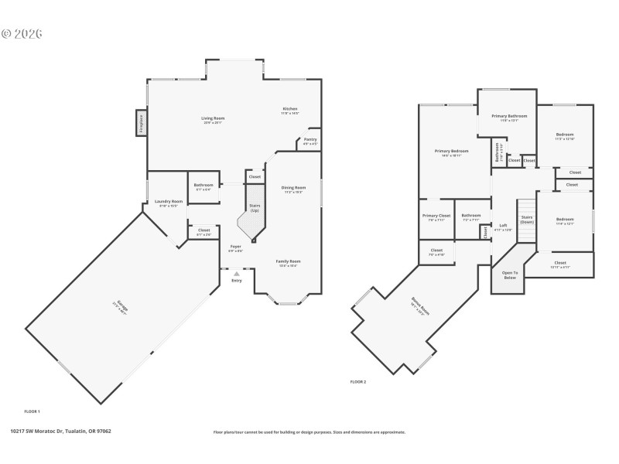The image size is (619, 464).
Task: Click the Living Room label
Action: point(214,118)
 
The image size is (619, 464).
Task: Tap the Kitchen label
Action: point(290,109)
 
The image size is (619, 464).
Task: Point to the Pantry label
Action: point(309,140)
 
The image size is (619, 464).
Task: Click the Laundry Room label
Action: point(169,202)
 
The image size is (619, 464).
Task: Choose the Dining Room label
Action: point(292,188)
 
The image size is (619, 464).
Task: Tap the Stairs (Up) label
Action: point(254,208)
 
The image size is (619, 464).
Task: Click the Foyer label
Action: point(235,247)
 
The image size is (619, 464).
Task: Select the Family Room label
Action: point(289,261)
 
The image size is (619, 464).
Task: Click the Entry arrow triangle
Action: point(236,273)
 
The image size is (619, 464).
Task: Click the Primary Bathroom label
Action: point(509,116)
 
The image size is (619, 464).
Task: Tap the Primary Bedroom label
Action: point(451,151)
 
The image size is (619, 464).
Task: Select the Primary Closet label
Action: point(436,216)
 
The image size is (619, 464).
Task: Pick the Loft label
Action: point(503,226)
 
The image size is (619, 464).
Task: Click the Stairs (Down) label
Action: point(527,220)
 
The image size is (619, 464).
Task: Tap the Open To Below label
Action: point(510,274)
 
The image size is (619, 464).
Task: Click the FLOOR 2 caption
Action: point(358,382)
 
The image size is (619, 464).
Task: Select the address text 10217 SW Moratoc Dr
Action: point(39,431)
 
